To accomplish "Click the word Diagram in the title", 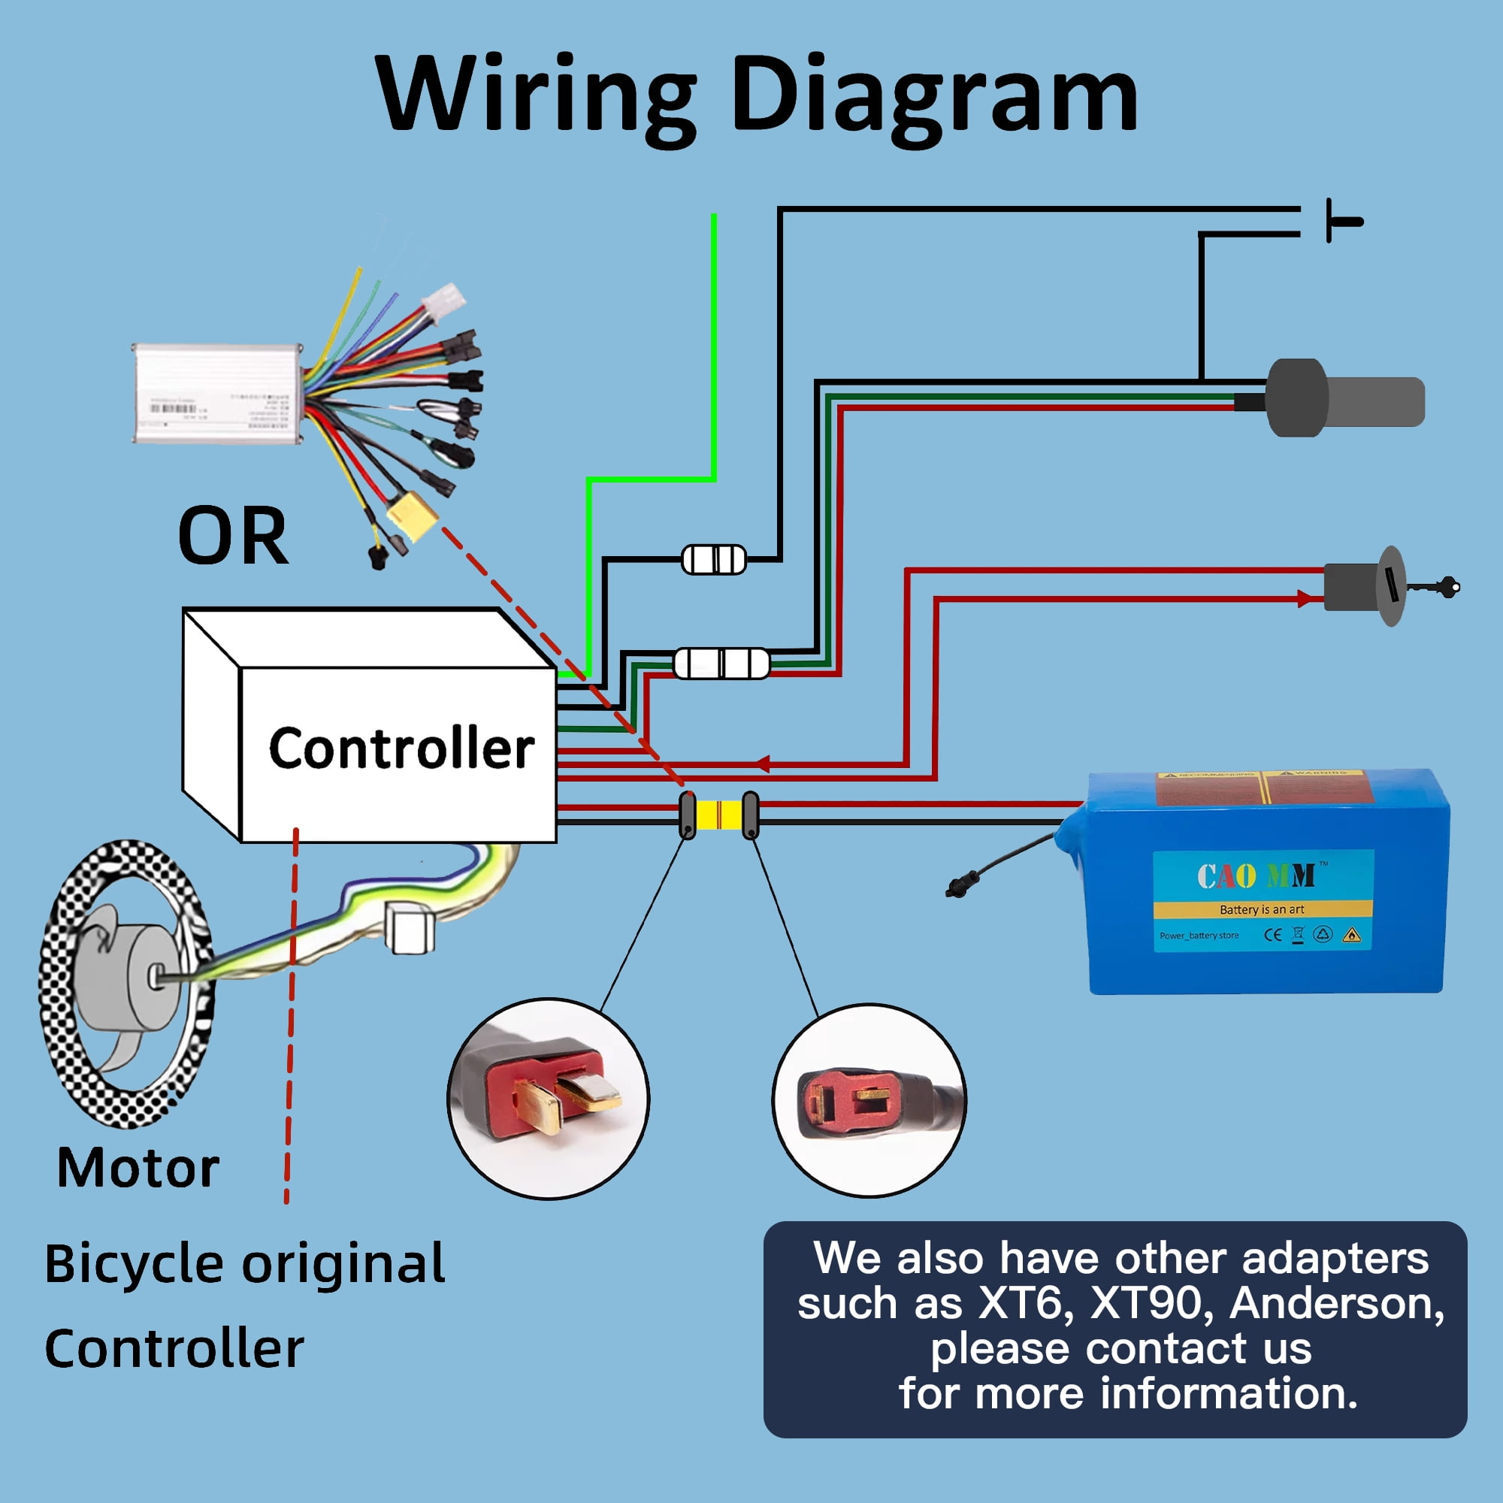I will point(933,95).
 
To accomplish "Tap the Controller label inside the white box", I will point(401,748).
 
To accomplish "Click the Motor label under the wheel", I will point(138,1169).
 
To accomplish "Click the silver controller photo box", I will point(218,393).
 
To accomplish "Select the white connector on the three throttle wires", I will point(721,663).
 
